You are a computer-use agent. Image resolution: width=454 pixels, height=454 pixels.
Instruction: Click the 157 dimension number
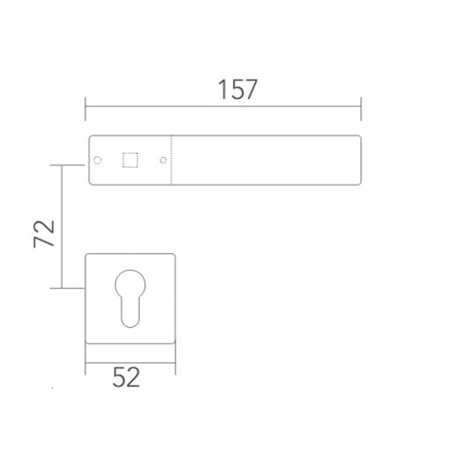pos(239,91)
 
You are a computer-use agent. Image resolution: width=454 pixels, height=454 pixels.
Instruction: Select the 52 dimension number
pos(127,376)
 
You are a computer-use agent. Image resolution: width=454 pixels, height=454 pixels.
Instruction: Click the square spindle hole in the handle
pos(129,161)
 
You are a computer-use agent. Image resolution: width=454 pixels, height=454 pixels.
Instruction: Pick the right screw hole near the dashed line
pos(163,161)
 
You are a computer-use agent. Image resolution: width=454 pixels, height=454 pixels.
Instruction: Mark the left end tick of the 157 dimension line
pos(85,109)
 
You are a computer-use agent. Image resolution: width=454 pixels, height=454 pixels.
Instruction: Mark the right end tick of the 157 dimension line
pos(362,109)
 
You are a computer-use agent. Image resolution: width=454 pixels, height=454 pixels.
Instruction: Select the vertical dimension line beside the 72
pos(62,227)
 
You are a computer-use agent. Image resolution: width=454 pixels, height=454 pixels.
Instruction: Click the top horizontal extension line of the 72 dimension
pos(73,165)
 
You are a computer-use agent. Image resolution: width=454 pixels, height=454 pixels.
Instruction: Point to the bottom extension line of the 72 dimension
pos(73,289)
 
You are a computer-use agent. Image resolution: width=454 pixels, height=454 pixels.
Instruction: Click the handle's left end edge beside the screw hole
pos(87,161)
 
